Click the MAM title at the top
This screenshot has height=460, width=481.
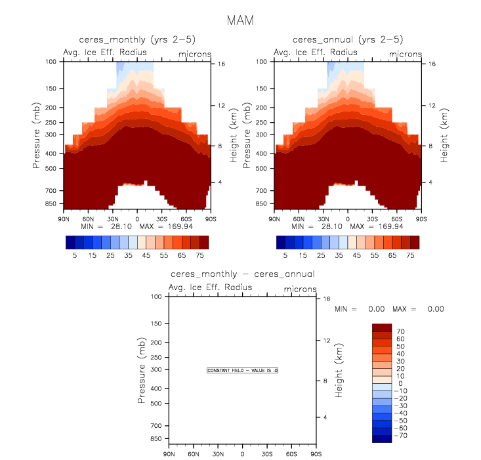[240, 20]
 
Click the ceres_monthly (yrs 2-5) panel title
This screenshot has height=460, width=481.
[136, 39]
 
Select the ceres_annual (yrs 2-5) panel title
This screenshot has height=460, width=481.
[347, 39]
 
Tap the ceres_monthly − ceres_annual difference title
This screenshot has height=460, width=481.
[242, 274]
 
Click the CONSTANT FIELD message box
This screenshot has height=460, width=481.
[243, 371]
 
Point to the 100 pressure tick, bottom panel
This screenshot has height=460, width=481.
[156, 297]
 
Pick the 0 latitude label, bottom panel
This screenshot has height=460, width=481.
[242, 454]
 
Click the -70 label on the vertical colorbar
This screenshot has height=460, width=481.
[401, 435]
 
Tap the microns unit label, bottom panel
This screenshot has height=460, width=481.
[301, 289]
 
